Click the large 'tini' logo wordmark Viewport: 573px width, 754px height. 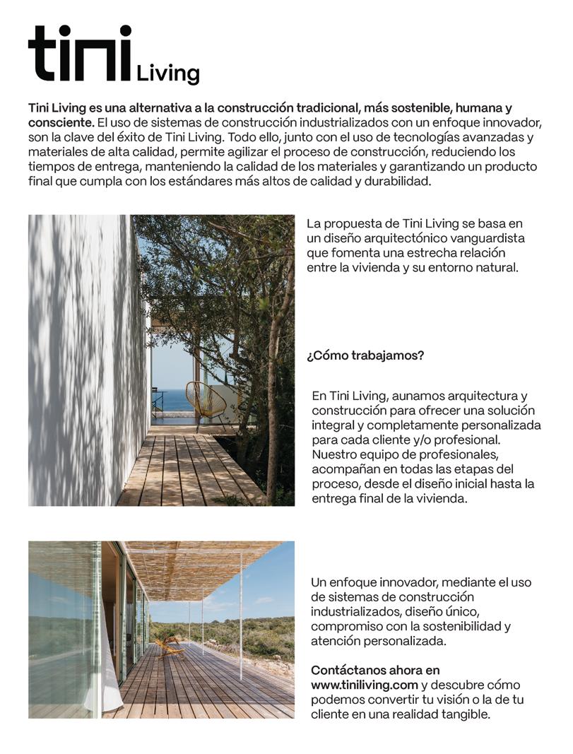pyautogui.click(x=80, y=54)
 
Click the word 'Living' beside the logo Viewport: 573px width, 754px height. pyautogui.click(x=167, y=73)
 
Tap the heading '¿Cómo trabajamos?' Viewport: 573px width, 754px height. pyautogui.click(x=365, y=355)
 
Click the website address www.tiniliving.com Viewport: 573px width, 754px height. pyautogui.click(x=365, y=685)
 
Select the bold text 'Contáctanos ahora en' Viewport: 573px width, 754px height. pyautogui.click(x=374, y=670)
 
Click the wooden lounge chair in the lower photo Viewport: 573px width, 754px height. pyautogui.click(x=169, y=646)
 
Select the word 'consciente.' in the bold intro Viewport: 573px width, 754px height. pyautogui.click(x=60, y=122)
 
